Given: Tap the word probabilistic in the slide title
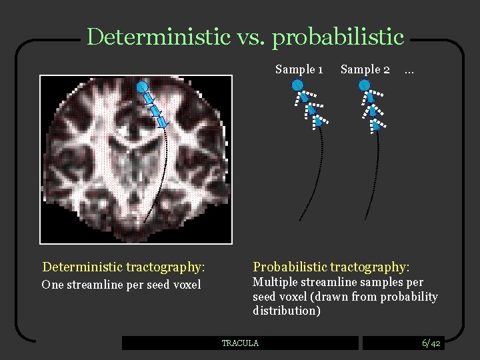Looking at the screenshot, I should click(338, 37).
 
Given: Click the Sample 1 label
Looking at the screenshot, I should click(299, 69).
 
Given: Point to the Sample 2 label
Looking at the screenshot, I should click(365, 69).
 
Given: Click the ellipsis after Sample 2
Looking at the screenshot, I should click(409, 69).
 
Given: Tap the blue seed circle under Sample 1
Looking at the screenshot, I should click(297, 85).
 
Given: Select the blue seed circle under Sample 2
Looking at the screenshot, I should click(364, 85).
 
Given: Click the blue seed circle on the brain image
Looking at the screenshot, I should click(142, 87).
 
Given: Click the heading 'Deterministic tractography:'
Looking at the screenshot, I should click(123, 267).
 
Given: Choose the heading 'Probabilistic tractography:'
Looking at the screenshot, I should click(331, 267).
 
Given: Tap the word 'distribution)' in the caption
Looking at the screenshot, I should click(287, 311).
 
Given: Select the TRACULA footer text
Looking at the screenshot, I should click(240, 343).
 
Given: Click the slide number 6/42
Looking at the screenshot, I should click(431, 343).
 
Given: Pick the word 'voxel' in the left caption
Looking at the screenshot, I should click(185, 285).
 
